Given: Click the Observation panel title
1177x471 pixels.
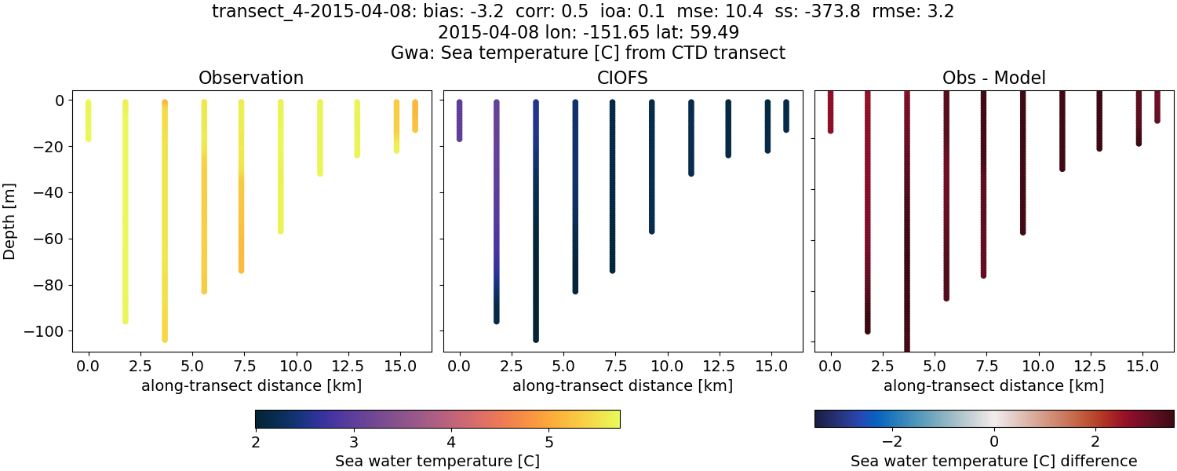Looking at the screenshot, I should (x=250, y=78).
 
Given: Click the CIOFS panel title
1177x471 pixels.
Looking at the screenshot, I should (x=622, y=78).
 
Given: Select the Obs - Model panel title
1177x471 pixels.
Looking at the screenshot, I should (x=993, y=78).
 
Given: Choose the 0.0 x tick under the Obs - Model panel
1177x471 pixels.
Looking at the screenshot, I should (x=831, y=366).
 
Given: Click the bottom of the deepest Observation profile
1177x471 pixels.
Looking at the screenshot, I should (x=164, y=339).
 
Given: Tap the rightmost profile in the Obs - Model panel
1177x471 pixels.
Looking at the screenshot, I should (x=1157, y=106).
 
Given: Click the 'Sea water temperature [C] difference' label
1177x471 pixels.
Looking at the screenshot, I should (x=993, y=461).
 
